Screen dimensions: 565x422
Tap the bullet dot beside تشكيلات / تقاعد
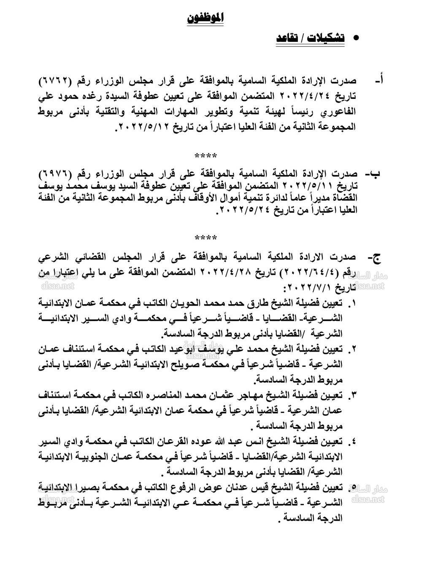(x=355, y=38)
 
